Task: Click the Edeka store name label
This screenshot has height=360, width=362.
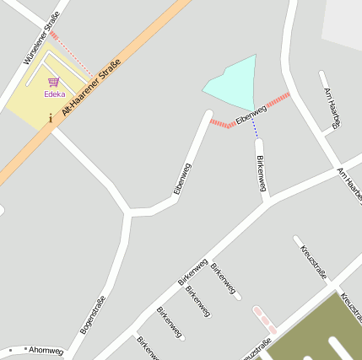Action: tap(55, 94)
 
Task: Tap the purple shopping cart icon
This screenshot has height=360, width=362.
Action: tap(54, 83)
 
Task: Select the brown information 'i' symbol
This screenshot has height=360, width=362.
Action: tap(51, 119)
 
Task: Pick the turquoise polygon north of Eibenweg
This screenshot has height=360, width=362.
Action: tap(233, 83)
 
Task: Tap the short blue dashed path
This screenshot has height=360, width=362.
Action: tap(254, 127)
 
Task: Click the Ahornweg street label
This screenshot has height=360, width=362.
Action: tap(46, 349)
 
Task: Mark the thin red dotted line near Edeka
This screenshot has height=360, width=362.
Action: tap(73, 55)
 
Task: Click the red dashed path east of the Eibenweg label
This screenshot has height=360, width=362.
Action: tap(278, 99)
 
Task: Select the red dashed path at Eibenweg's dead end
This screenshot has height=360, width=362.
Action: tap(221, 125)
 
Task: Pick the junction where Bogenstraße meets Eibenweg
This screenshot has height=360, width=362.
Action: tap(128, 211)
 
